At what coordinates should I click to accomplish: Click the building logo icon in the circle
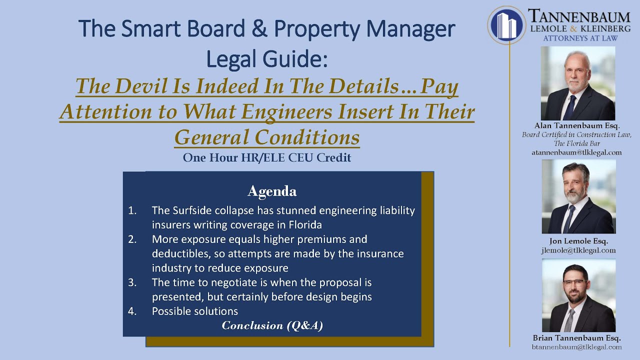click(x=506, y=25)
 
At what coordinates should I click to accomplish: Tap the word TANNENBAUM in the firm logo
click(x=579, y=16)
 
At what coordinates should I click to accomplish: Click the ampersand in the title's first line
click(x=259, y=28)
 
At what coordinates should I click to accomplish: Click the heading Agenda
click(x=272, y=191)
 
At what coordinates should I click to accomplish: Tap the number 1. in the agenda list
click(x=132, y=210)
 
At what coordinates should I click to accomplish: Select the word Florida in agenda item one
click(x=305, y=225)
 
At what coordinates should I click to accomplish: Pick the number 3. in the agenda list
click(x=132, y=282)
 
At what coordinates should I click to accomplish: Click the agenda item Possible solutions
click(x=195, y=311)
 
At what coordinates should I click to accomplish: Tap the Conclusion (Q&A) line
click(x=272, y=325)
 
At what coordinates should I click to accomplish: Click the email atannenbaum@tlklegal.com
click(x=576, y=152)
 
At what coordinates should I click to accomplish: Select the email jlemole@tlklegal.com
click(x=578, y=250)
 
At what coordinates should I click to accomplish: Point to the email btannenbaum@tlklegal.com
click(x=576, y=347)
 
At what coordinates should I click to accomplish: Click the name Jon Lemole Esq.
click(x=578, y=241)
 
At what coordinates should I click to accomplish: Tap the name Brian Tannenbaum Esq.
click(x=576, y=338)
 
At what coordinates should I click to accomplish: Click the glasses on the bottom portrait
click(x=575, y=283)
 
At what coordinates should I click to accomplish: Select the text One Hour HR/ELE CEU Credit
click(x=267, y=157)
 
